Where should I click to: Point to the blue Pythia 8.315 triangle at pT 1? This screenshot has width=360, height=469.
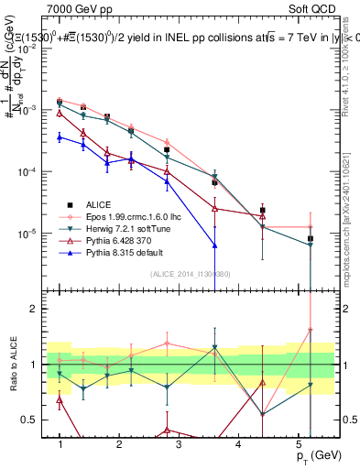(60, 136)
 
